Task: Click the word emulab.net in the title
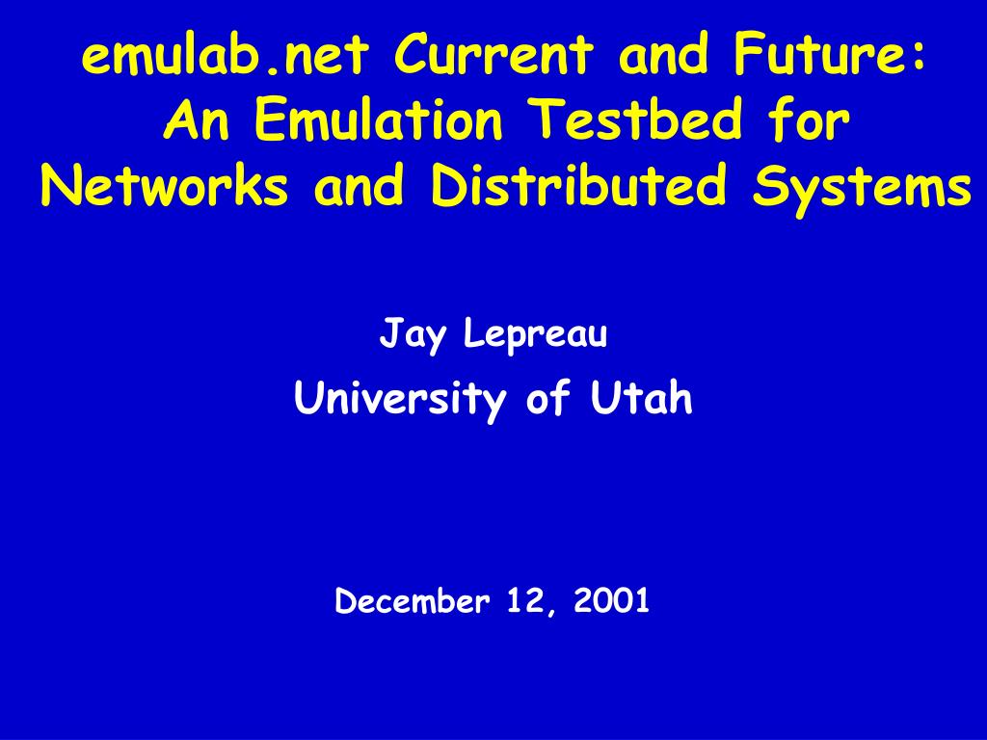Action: pos(225,54)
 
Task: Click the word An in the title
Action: pos(197,119)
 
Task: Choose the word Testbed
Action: pos(636,119)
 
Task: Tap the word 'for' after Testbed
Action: pos(810,119)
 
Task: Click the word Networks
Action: pos(165,186)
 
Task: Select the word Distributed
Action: pos(578,186)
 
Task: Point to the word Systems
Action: pos(862,189)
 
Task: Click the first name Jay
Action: pos(412,334)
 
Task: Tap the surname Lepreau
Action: pos(536,334)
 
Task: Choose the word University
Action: pos(400,399)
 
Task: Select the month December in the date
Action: pos(413,600)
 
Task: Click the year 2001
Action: pos(611,600)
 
